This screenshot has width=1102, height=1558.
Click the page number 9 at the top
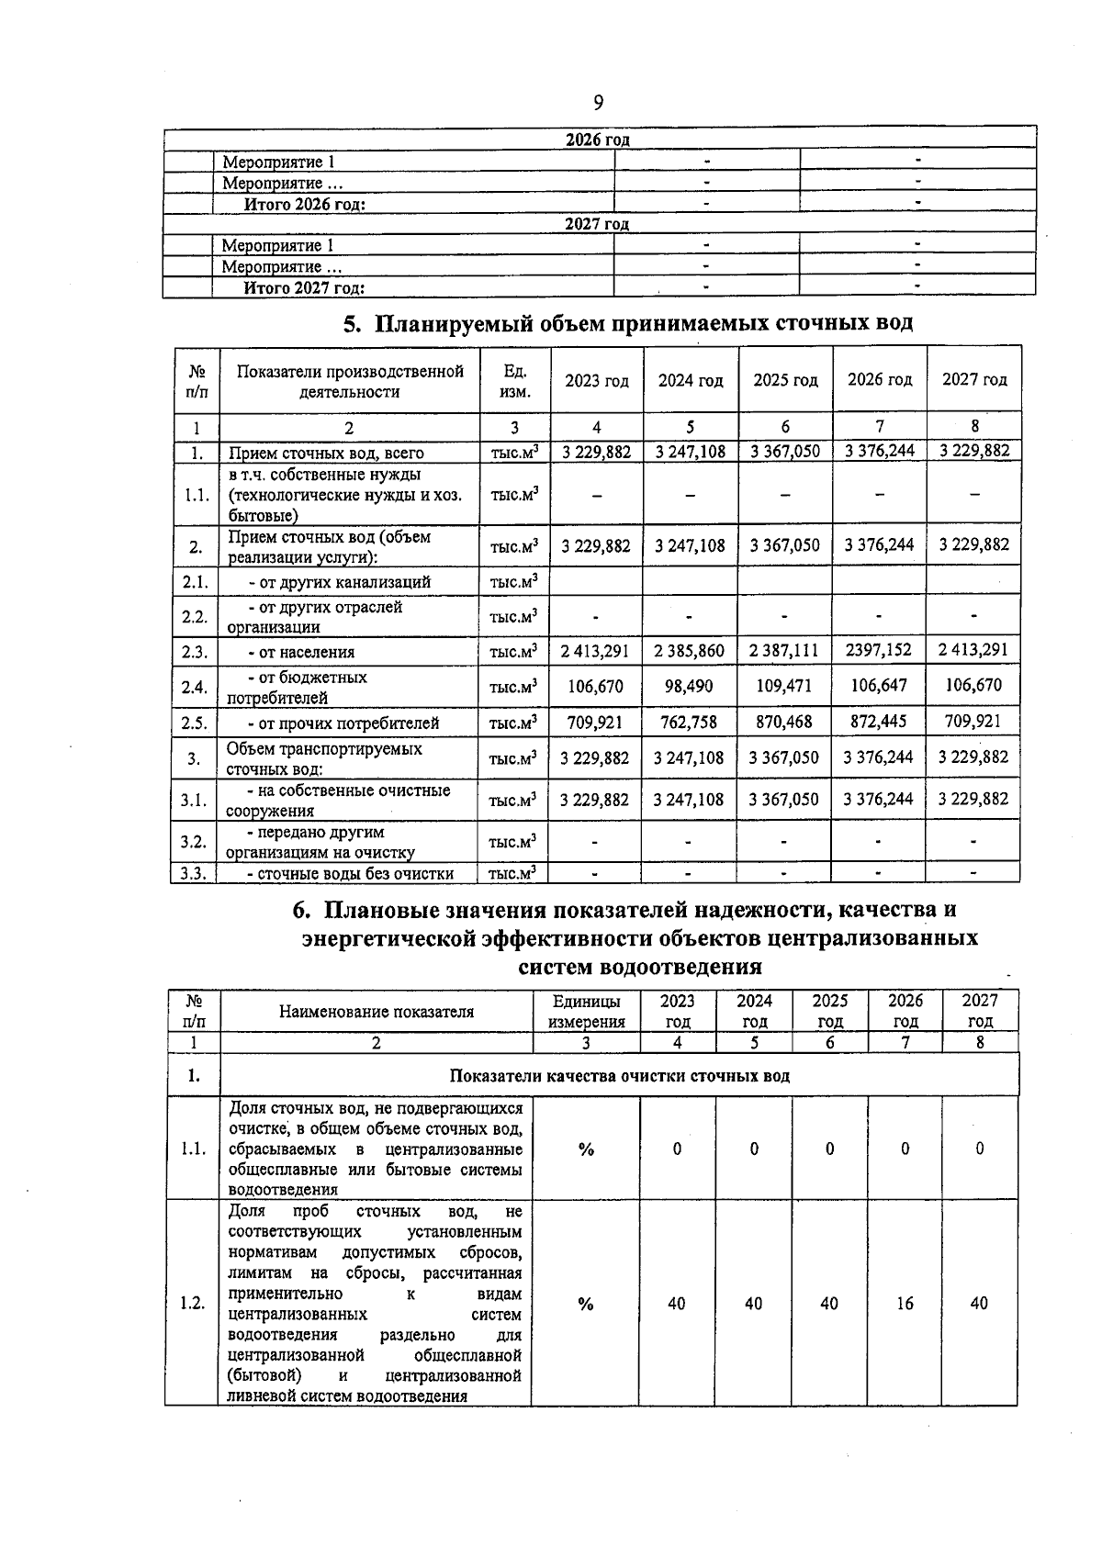pyautogui.click(x=598, y=101)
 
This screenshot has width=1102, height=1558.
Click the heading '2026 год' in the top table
pyautogui.click(x=597, y=140)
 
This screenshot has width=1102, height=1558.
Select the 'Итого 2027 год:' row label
pyautogui.click(x=304, y=288)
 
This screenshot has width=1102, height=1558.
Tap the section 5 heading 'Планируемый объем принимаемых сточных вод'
pyautogui.click(x=628, y=324)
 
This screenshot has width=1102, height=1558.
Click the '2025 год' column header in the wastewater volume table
pyautogui.click(x=785, y=380)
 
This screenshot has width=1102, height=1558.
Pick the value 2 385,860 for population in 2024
pyautogui.click(x=689, y=651)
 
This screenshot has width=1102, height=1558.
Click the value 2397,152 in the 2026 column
pyautogui.click(x=879, y=651)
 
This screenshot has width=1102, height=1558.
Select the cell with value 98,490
pyautogui.click(x=689, y=686)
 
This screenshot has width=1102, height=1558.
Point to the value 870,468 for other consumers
pyautogui.click(x=784, y=722)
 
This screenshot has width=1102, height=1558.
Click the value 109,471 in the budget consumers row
pyautogui.click(x=784, y=686)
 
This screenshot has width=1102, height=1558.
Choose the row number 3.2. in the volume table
pyautogui.click(x=194, y=841)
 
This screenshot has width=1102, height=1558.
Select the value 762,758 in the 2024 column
pyautogui.click(x=689, y=722)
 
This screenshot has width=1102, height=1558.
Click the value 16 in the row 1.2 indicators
pyautogui.click(x=905, y=1303)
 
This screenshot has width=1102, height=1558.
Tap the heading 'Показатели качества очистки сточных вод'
pyautogui.click(x=619, y=1075)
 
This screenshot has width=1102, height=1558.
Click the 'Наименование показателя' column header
pyautogui.click(x=377, y=1012)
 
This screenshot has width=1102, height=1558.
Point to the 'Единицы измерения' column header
pyautogui.click(x=586, y=1011)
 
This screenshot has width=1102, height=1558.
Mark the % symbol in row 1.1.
pyautogui.click(x=586, y=1149)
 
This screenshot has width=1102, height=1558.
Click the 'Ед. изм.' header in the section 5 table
pyautogui.click(x=515, y=381)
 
